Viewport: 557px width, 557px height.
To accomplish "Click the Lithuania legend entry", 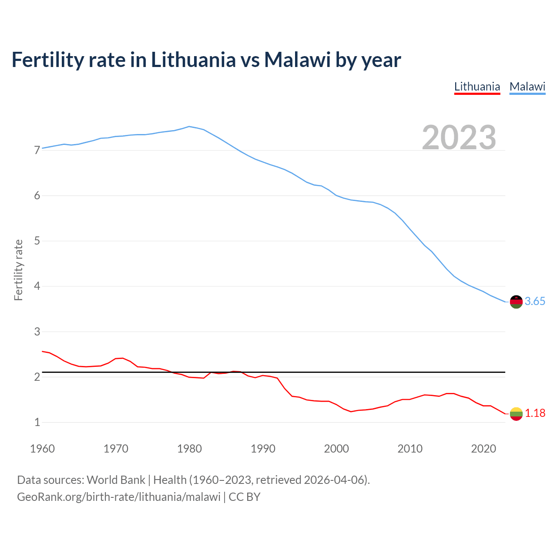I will [x=477, y=87].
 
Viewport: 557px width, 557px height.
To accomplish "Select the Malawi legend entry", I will [x=527, y=87].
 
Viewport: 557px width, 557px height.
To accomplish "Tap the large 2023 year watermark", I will [x=459, y=138].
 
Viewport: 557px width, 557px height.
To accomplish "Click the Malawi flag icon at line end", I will [x=516, y=302].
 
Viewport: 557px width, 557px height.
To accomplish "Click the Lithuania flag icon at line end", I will [x=516, y=413].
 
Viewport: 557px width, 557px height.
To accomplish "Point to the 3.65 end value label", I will [x=535, y=302].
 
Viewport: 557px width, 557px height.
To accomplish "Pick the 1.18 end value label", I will [x=535, y=413].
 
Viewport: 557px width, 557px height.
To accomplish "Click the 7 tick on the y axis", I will [x=37, y=151].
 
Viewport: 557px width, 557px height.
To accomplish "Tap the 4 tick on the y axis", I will [x=37, y=286].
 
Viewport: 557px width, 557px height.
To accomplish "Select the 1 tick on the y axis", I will [x=37, y=423].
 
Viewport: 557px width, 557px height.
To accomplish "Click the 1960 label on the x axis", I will [x=42, y=449].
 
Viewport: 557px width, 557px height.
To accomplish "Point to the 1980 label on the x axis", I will [x=189, y=449].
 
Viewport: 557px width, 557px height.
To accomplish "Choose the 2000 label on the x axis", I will [x=336, y=449].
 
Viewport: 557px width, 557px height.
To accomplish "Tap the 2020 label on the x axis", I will [x=483, y=449].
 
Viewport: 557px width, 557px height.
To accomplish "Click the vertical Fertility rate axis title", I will [x=18, y=270].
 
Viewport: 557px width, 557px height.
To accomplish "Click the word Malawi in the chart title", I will [x=297, y=60].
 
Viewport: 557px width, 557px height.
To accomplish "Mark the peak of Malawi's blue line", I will [x=189, y=127].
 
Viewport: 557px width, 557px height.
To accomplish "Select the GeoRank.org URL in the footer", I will [x=118, y=497].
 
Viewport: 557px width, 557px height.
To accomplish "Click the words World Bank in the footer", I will [x=116, y=480].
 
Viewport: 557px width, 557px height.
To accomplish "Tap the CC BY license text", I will [x=245, y=497].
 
